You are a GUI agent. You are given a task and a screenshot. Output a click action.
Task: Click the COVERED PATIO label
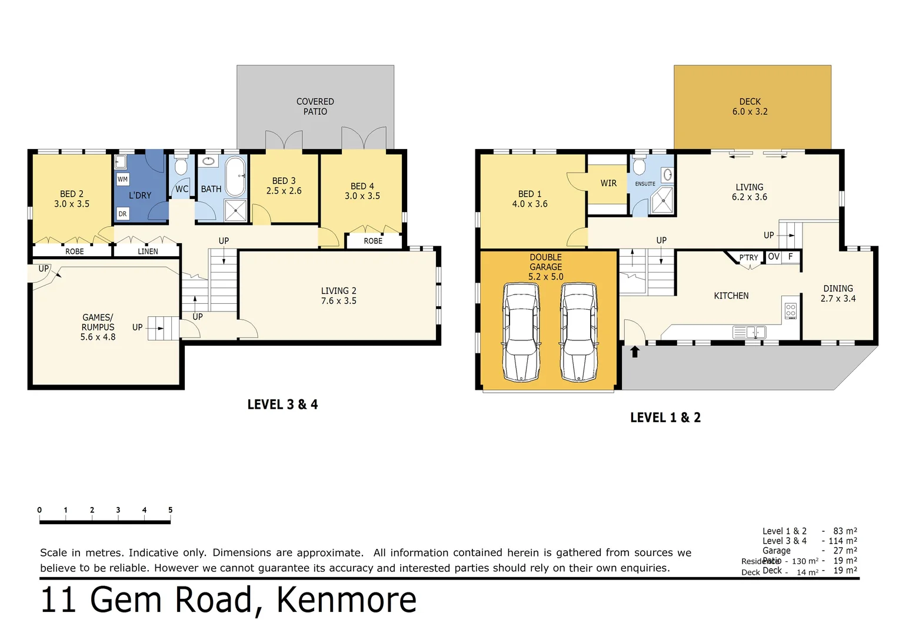(315, 107)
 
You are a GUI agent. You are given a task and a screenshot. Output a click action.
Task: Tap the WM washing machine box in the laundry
(122, 179)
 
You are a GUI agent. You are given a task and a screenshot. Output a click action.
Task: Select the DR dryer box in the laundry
(122, 214)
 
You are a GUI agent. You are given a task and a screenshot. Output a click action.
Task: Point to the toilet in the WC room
(181, 167)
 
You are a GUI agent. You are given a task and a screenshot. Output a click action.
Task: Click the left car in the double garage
(521, 333)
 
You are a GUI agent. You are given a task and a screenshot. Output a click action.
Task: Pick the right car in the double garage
(578, 333)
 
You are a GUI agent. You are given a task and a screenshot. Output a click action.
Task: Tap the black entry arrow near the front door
(635, 352)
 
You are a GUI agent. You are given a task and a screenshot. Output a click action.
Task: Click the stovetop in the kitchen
(791, 310)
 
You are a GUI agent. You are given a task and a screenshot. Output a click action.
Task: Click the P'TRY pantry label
(748, 257)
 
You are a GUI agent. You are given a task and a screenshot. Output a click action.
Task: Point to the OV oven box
(774, 257)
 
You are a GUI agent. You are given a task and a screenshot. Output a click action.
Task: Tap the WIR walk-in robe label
(608, 183)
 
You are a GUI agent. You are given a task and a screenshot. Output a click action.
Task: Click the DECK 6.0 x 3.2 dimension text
(750, 111)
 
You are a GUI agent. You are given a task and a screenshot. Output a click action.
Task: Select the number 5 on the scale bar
(170, 510)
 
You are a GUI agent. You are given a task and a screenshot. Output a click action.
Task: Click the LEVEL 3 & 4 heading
(282, 405)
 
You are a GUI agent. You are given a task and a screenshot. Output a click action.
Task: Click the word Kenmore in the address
(347, 600)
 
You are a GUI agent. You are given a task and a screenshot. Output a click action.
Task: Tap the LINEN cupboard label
(148, 251)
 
